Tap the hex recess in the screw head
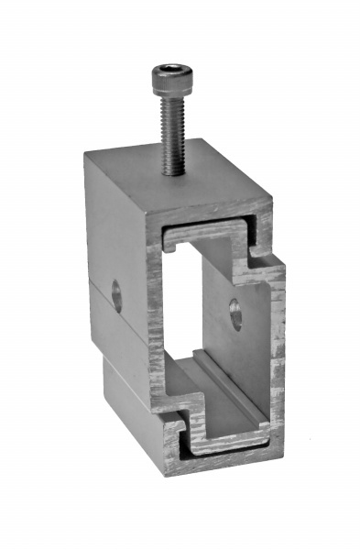click(x=169, y=69)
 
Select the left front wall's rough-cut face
click(x=155, y=321)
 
